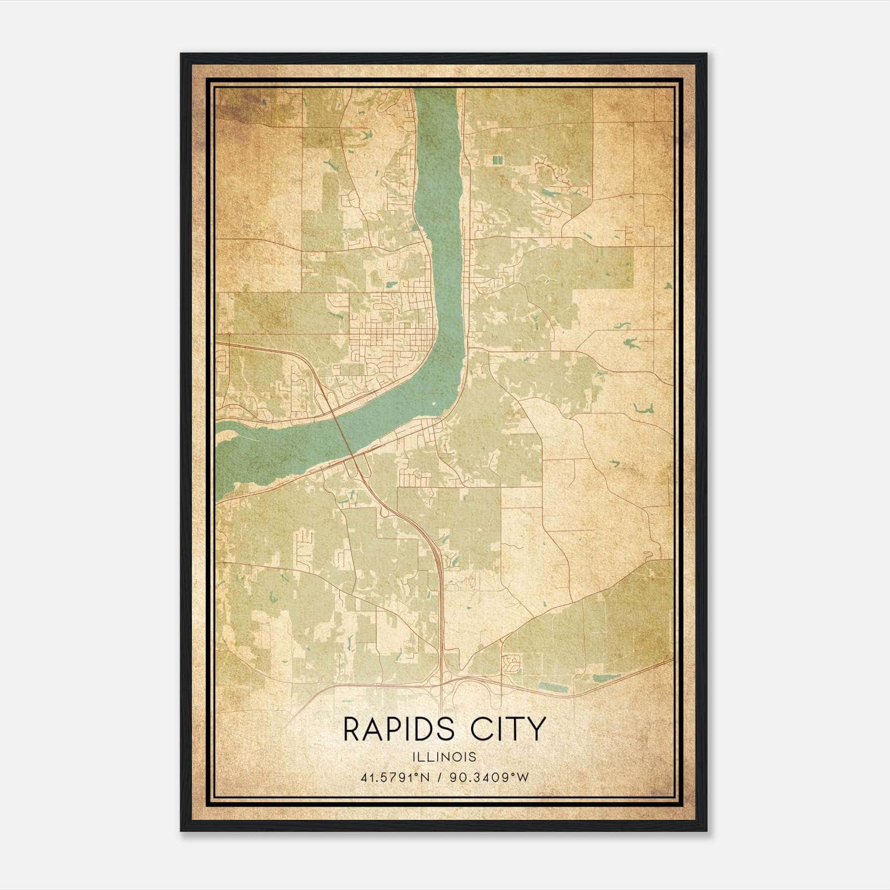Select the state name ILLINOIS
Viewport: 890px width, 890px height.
pyautogui.click(x=444, y=757)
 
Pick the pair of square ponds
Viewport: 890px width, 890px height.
pyautogui.click(x=496, y=160)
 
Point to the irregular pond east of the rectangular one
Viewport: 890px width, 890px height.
pyautogui.click(x=606, y=678)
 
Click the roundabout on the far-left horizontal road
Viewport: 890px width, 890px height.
pyautogui.click(x=229, y=334)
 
